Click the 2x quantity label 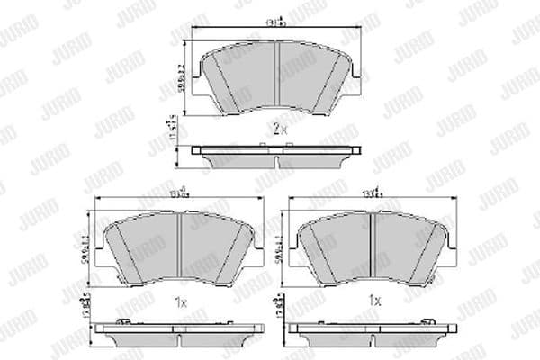pyautogui.click(x=278, y=130)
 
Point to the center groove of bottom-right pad pyautogui.click(x=372, y=245)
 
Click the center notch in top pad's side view pyautogui.click(x=278, y=162)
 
